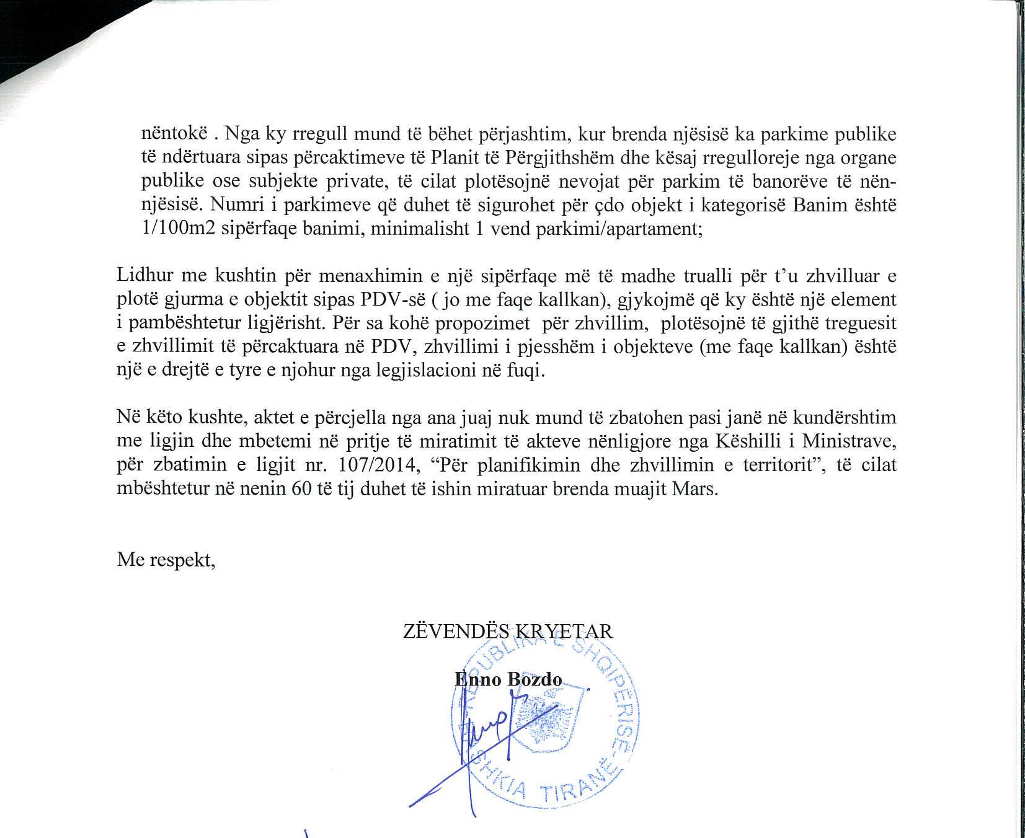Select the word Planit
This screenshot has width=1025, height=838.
pos(456,157)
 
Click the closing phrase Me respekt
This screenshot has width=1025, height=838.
pos(166,560)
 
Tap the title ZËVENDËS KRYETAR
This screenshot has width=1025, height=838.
pos(508,631)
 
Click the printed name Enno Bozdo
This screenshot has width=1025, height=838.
pos(508,679)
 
